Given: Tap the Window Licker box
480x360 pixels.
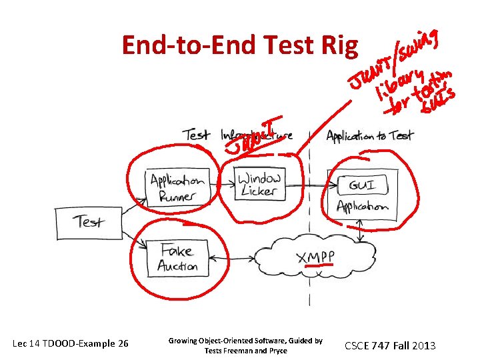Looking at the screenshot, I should (259, 184).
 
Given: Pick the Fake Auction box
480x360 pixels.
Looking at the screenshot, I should (177, 258).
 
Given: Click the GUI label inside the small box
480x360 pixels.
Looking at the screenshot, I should (361, 185).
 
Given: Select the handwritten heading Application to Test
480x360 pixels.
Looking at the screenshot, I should (369, 136).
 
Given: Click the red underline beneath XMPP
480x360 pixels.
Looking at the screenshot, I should (318, 267).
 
